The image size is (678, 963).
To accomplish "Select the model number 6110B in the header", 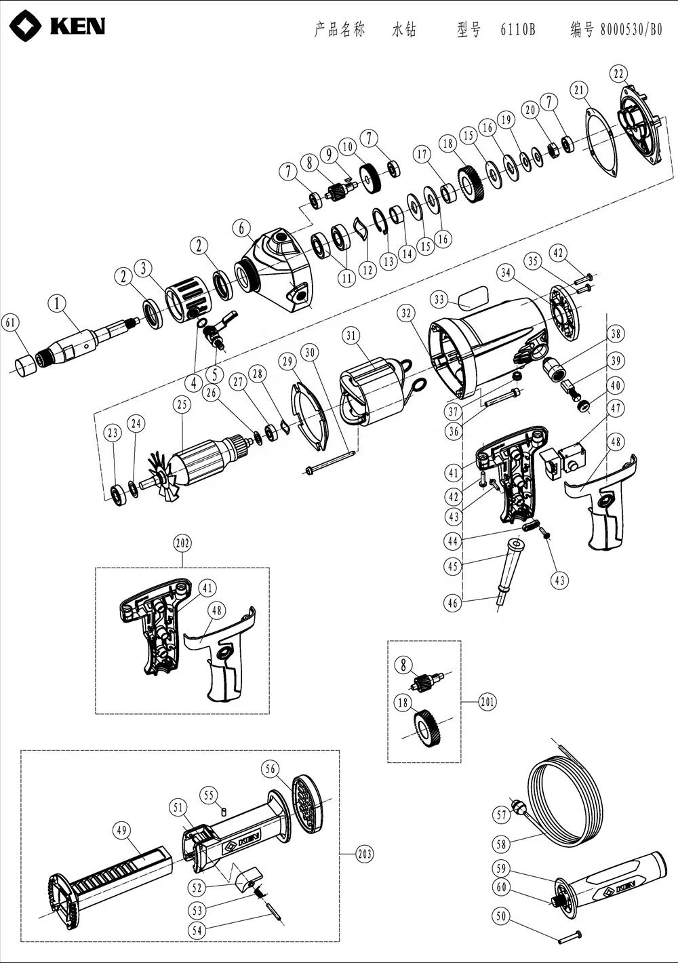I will [x=518, y=30].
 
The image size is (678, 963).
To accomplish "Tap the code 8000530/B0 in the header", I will [x=631, y=30].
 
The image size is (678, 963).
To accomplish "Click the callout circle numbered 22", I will [x=618, y=73].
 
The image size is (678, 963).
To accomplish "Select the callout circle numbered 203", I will [x=364, y=854].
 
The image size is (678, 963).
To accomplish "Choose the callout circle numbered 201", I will [x=486, y=702].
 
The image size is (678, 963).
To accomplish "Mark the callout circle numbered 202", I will [x=182, y=543].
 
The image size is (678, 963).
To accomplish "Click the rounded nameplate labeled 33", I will [x=473, y=297].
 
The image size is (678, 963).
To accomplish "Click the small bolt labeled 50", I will [x=570, y=937].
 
